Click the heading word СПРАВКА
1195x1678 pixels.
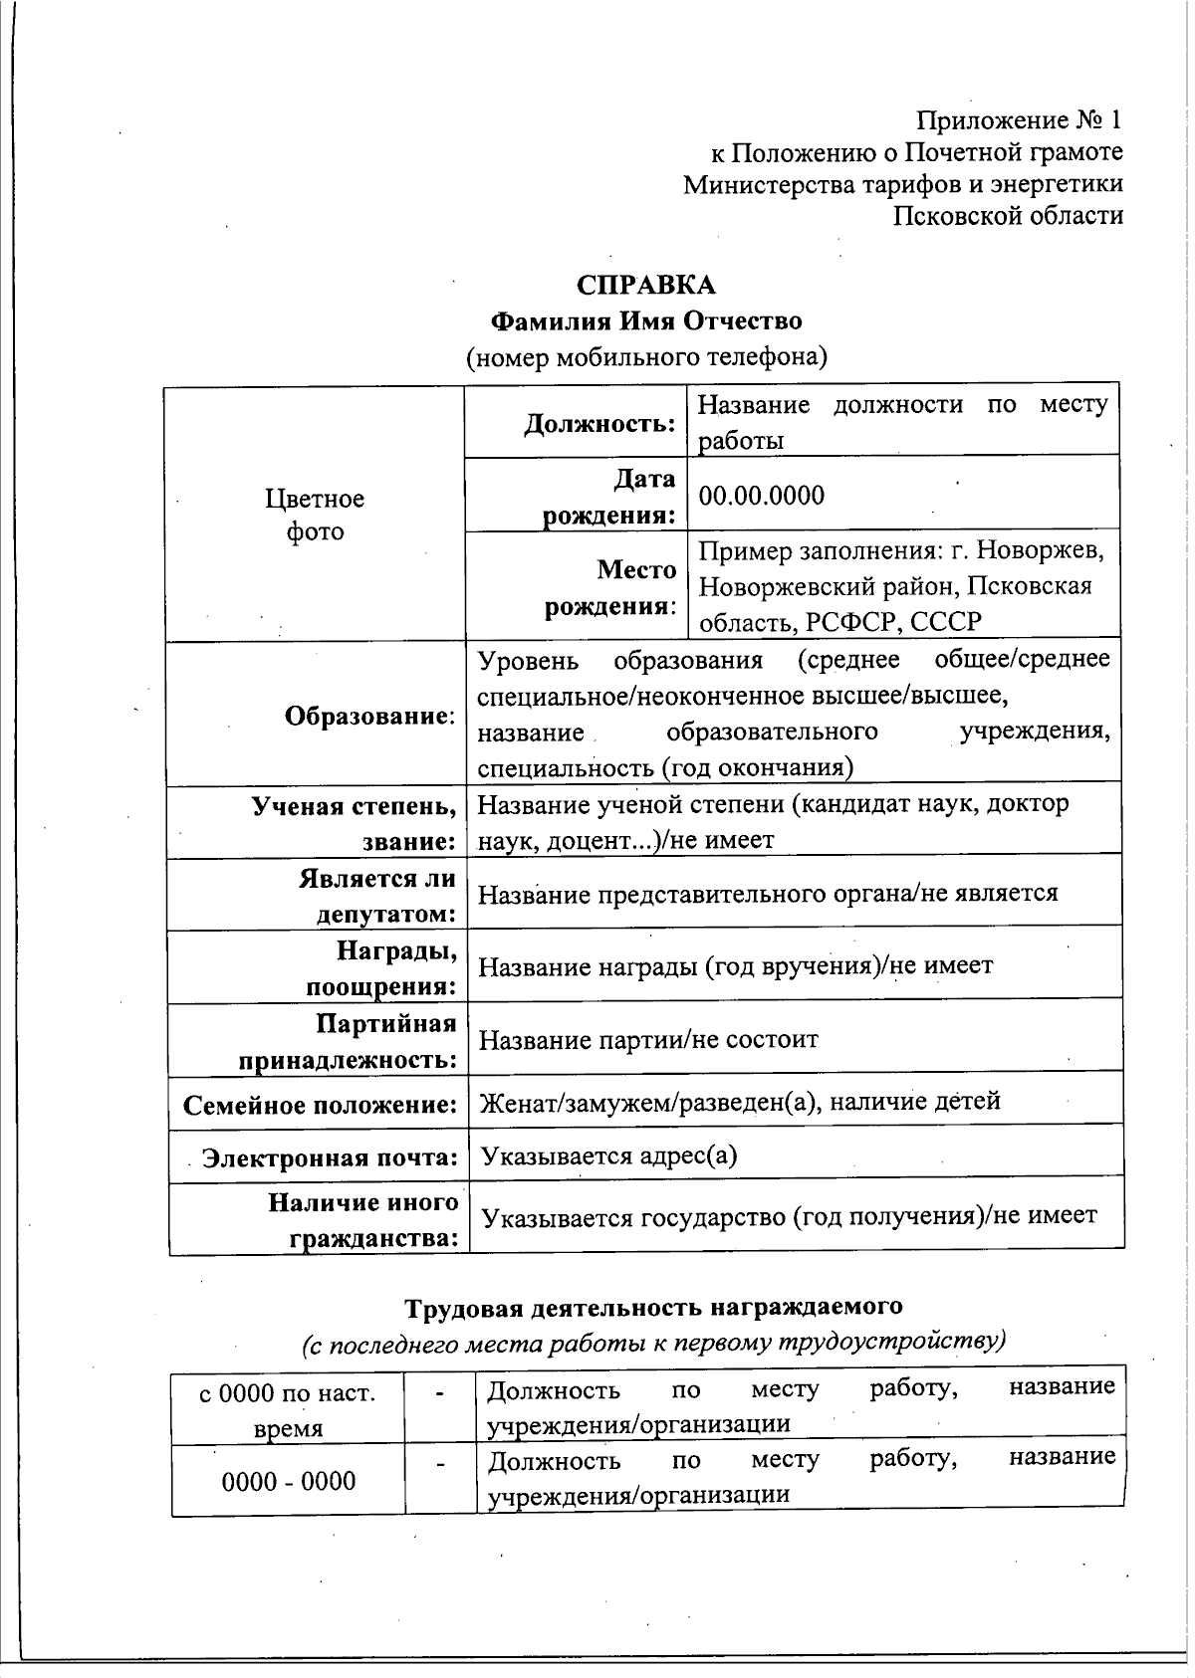point(646,285)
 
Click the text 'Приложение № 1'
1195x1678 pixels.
point(1019,120)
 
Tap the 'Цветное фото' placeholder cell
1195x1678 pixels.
point(315,515)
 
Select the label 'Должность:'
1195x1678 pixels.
point(600,424)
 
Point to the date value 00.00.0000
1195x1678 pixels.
point(762,496)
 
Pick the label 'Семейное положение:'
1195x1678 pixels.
point(320,1105)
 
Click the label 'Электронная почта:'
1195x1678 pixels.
point(330,1157)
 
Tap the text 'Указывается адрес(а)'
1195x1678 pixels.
point(608,1155)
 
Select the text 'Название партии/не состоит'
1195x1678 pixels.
point(648,1040)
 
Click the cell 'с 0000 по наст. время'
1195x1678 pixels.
point(288,1409)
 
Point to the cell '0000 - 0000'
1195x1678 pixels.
point(289,1481)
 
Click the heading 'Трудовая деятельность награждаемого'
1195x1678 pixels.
point(653,1306)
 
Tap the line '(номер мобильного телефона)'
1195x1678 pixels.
point(647,356)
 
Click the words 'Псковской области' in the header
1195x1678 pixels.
point(1008,215)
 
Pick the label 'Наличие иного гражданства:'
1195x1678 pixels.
point(364,1220)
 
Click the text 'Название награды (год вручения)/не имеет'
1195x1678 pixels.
point(736,965)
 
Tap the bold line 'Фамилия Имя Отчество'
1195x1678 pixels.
point(647,320)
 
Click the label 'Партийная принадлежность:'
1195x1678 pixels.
point(349,1041)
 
